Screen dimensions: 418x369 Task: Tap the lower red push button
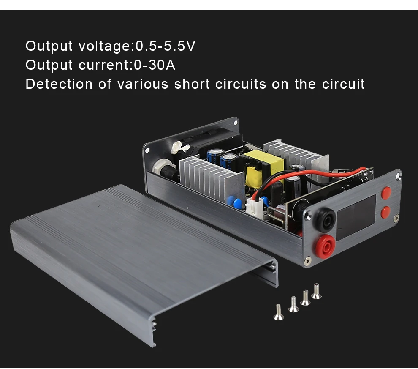[x=386, y=212]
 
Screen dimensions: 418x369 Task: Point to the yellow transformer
[x=263, y=165]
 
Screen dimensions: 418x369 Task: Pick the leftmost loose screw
[x=278, y=312]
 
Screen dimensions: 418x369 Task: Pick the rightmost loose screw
[x=316, y=292]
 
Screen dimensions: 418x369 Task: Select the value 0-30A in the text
[x=154, y=65]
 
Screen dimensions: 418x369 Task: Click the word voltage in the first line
[x=105, y=46]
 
